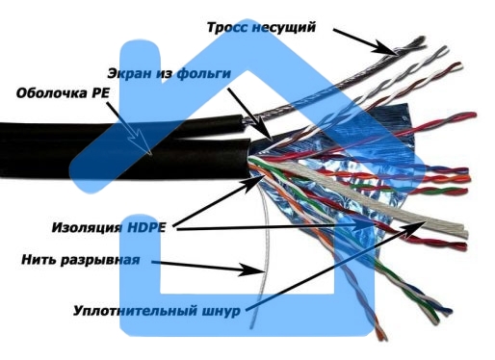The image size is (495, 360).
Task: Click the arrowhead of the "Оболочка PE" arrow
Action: (152, 153)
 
